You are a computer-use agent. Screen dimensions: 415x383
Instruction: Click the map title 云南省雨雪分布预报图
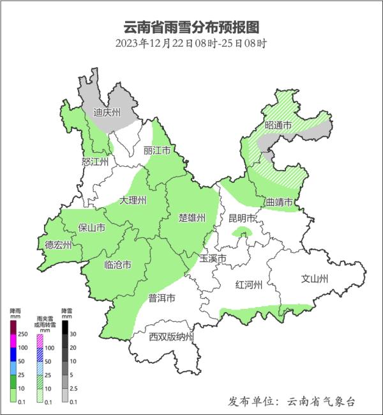coord(191,27)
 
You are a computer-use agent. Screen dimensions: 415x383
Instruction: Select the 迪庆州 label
coord(107,113)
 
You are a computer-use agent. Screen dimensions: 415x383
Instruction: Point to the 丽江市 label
coord(156,151)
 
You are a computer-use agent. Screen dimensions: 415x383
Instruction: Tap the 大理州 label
coord(133,201)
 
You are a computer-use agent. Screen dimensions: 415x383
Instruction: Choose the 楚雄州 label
coord(191,218)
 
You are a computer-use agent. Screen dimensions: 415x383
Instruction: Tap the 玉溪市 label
coord(213,258)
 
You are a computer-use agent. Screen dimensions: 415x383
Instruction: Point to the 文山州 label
coord(314,279)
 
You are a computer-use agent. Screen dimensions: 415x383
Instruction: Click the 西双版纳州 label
coord(171,337)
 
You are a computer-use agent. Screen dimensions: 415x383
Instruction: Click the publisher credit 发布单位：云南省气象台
coord(291,401)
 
